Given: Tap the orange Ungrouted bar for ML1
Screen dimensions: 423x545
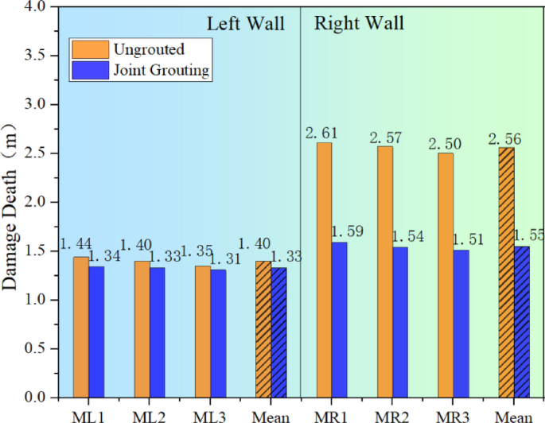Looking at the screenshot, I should tap(80, 326).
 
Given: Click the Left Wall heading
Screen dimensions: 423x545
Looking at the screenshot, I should tap(246, 23).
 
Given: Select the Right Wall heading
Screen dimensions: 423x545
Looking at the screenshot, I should tap(359, 23).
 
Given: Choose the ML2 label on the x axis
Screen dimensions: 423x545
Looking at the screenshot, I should tap(149, 415).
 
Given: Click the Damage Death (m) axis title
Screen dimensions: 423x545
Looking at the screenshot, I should tap(13, 207).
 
